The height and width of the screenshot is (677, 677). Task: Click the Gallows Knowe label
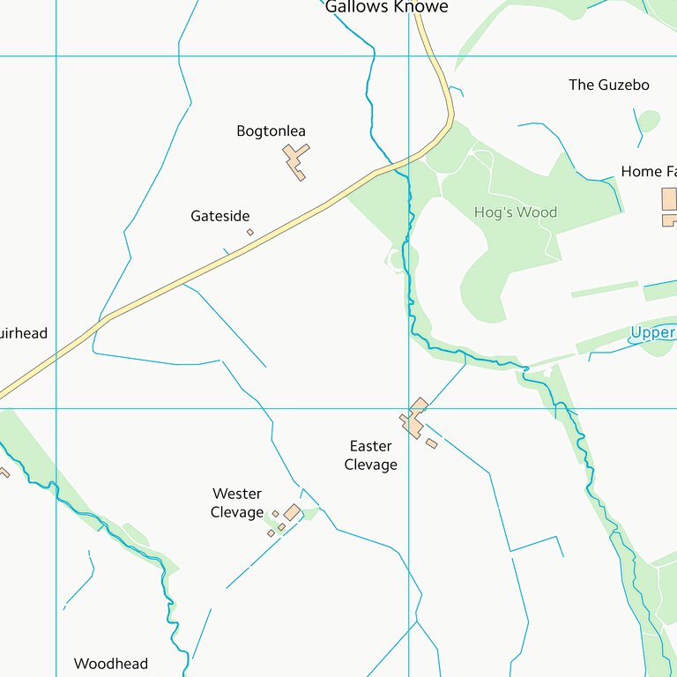click(386, 7)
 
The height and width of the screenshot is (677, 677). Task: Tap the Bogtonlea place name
click(271, 131)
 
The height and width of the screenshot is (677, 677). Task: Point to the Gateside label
click(220, 216)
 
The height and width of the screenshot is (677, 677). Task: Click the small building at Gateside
click(249, 233)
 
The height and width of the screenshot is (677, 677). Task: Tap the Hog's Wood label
click(516, 212)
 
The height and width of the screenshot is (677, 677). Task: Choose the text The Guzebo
click(608, 85)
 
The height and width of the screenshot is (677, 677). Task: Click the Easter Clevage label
click(370, 455)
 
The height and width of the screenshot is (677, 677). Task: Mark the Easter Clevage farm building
click(414, 418)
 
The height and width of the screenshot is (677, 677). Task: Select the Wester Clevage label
click(237, 502)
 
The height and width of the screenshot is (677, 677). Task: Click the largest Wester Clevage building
click(292, 512)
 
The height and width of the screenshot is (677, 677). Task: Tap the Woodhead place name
click(111, 664)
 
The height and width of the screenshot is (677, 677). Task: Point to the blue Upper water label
click(653, 333)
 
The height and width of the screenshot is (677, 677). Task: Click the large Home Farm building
click(669, 199)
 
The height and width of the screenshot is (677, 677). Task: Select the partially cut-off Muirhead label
click(23, 333)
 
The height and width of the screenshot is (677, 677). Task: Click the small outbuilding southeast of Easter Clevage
click(431, 443)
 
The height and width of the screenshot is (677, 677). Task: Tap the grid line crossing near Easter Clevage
click(408, 408)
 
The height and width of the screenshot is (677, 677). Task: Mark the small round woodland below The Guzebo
click(649, 121)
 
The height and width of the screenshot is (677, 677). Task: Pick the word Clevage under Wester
click(237, 512)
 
